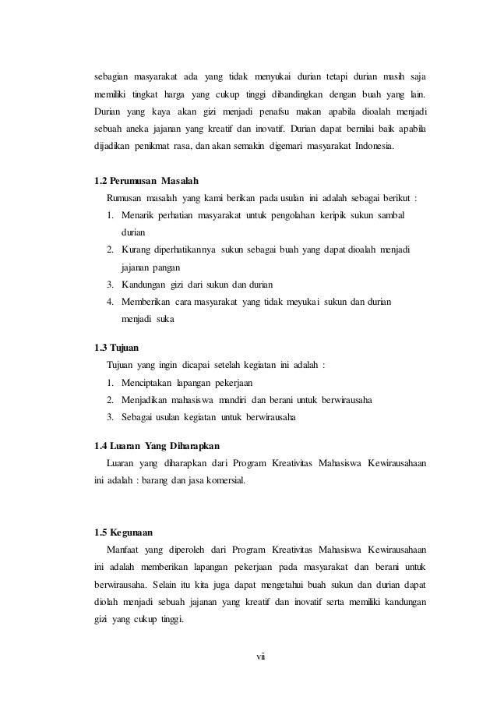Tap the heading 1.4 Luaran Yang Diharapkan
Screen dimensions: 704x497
click(x=146, y=446)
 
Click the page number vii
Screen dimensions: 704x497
click(x=261, y=658)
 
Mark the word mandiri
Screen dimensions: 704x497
click(x=230, y=400)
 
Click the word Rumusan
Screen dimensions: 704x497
click(x=125, y=198)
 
